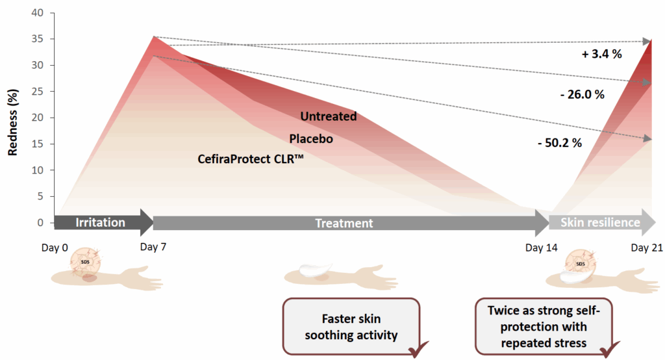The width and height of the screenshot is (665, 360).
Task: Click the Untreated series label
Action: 328,116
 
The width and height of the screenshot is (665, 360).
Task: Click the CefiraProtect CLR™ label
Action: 251,158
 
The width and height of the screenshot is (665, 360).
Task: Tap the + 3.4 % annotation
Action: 601,54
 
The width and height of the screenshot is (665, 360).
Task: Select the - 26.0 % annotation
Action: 582,94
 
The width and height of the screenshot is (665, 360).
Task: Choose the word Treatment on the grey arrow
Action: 344,224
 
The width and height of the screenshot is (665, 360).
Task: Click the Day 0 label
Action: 55,248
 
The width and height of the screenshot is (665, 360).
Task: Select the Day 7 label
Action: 152,248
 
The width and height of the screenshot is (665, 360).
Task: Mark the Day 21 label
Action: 647,248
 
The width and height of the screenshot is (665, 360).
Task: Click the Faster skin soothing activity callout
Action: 351,327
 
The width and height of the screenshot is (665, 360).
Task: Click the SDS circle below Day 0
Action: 85,263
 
